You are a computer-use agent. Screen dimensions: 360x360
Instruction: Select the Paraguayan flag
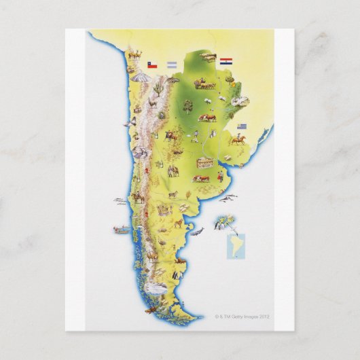click(226, 61)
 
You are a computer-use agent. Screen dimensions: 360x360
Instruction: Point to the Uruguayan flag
click(242, 127)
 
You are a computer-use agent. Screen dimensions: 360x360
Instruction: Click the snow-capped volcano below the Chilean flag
click(141, 79)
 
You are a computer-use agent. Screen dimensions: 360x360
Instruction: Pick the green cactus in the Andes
click(158, 89)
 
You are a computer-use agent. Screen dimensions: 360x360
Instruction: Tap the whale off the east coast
click(196, 232)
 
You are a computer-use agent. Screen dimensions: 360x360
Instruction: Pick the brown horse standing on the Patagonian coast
click(179, 221)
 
